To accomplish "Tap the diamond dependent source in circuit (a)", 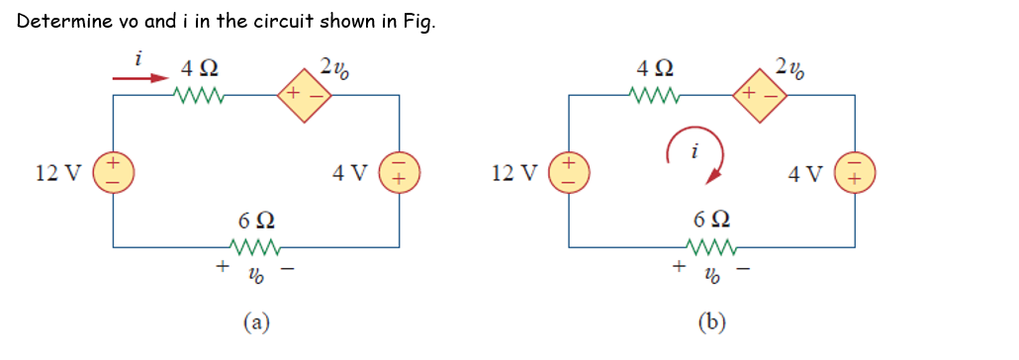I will coord(304,95).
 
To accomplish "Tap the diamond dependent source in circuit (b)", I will coord(759,95).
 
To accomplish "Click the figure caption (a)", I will coord(256,321).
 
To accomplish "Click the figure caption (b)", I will coord(711,321).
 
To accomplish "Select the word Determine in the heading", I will coord(57,23).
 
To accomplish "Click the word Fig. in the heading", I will coord(414,24).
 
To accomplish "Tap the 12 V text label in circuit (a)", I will coord(58,174).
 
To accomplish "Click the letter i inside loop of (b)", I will coord(695,152).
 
